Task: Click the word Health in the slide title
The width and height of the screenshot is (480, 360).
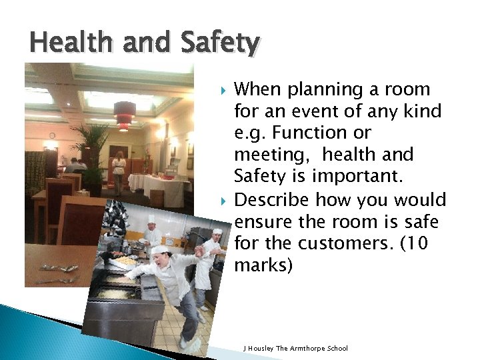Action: [x=64, y=43]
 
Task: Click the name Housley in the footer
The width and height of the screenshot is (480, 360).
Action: [x=262, y=348]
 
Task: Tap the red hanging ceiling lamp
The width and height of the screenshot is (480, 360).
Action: [x=124, y=114]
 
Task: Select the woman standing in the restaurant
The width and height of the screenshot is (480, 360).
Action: [x=119, y=170]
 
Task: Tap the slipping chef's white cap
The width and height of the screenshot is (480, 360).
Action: [x=159, y=250]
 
